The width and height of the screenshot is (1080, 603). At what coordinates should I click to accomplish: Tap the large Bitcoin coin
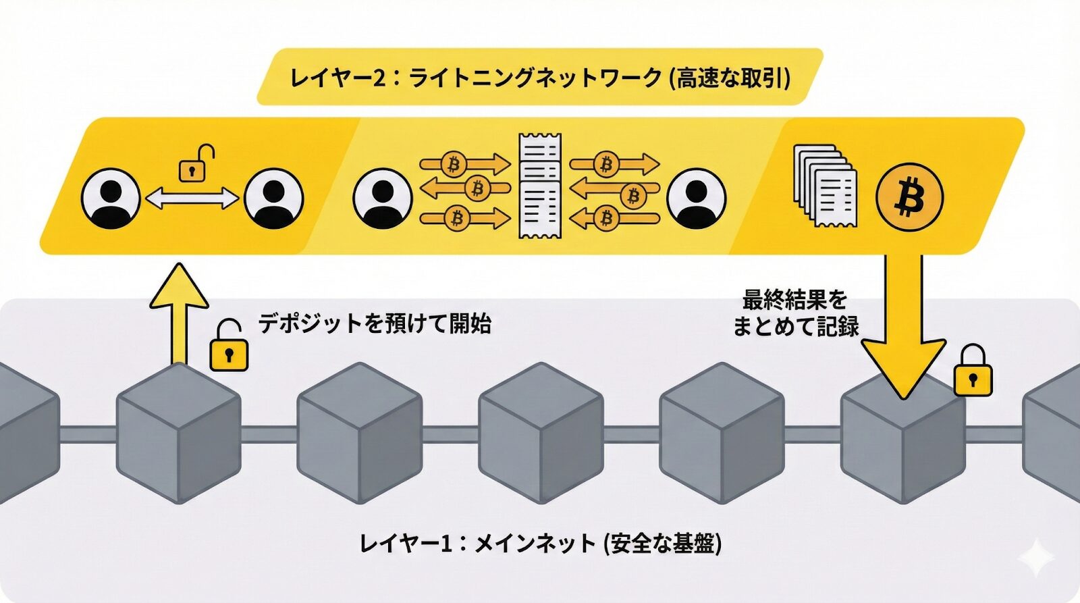909,197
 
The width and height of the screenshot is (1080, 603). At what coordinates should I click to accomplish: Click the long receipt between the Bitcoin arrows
539,186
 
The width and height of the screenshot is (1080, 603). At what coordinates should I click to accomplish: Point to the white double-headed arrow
192,199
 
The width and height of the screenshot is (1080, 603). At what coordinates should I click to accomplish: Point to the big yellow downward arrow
903,324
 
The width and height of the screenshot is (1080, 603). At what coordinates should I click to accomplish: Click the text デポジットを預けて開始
375,323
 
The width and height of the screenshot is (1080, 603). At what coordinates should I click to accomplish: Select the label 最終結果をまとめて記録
795,313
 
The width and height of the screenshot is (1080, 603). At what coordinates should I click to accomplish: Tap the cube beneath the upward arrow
179,432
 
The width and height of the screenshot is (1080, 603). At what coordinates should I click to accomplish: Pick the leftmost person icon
111,199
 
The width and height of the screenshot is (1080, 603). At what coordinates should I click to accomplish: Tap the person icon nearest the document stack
696,199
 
